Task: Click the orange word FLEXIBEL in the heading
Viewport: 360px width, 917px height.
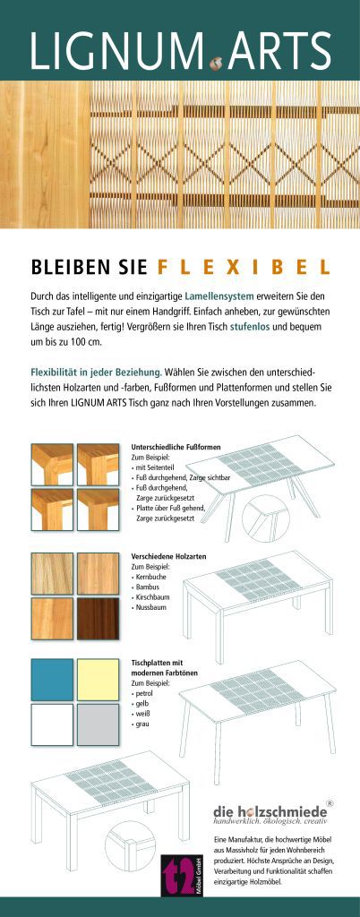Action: (x=244, y=267)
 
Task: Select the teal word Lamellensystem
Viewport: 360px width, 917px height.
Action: (x=219, y=296)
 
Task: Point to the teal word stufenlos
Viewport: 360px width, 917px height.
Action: (x=250, y=327)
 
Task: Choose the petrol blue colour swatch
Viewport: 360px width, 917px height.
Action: (x=52, y=679)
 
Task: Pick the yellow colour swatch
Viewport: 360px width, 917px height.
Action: (x=98, y=679)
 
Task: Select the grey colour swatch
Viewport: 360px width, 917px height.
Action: (x=98, y=724)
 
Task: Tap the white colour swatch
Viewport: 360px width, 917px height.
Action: (x=52, y=724)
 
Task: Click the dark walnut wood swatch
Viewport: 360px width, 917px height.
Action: (x=98, y=618)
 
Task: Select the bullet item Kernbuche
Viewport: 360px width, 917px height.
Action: (x=150, y=577)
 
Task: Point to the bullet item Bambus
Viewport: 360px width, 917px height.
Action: (x=146, y=587)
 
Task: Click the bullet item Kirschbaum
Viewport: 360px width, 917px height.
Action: (x=150, y=597)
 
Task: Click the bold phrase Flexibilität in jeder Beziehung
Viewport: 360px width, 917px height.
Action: (x=96, y=372)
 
